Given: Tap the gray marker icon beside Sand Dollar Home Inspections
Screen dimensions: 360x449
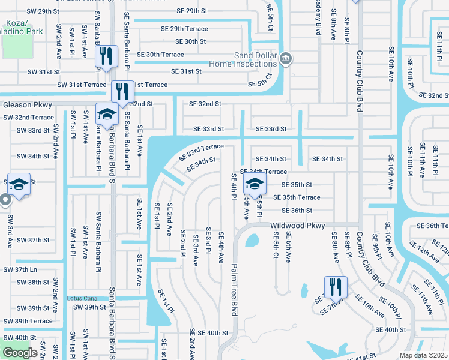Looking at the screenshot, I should (x=286, y=58).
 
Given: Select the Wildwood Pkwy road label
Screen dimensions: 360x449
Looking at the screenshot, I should (x=298, y=226).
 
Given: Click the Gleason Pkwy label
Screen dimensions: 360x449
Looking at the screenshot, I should (x=28, y=104).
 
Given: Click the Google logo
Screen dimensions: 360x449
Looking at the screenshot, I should (x=20, y=353).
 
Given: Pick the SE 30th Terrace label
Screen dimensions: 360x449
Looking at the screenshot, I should (x=160, y=55).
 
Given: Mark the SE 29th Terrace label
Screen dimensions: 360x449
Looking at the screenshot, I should (x=184, y=29).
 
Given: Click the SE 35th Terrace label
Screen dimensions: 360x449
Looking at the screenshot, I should (x=297, y=197).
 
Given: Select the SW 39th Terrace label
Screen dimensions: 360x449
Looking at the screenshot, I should (x=28, y=321).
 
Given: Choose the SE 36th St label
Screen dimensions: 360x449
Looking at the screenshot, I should (x=293, y=211).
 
